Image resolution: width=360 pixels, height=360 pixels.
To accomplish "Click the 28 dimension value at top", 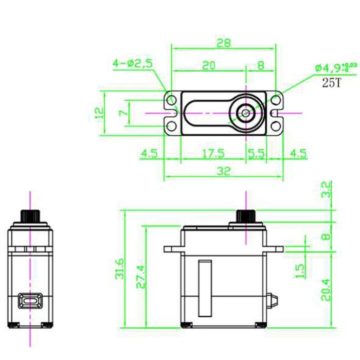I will click(x=223, y=44).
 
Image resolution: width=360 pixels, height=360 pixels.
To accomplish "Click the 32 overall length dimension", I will click(x=223, y=171).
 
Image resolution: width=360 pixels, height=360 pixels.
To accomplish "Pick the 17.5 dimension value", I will click(x=213, y=153).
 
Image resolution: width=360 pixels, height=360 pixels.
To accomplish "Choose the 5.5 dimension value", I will click(x=256, y=153).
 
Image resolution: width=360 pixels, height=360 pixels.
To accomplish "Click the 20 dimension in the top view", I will click(x=208, y=65).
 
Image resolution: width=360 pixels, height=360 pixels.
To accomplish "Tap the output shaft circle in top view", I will click(x=246, y=112).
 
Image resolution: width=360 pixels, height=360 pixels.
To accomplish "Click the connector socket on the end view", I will click(x=30, y=300).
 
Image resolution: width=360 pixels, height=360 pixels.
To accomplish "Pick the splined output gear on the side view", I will click(x=246, y=216).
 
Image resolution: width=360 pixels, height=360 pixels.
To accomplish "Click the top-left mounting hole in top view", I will click(x=171, y=98).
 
